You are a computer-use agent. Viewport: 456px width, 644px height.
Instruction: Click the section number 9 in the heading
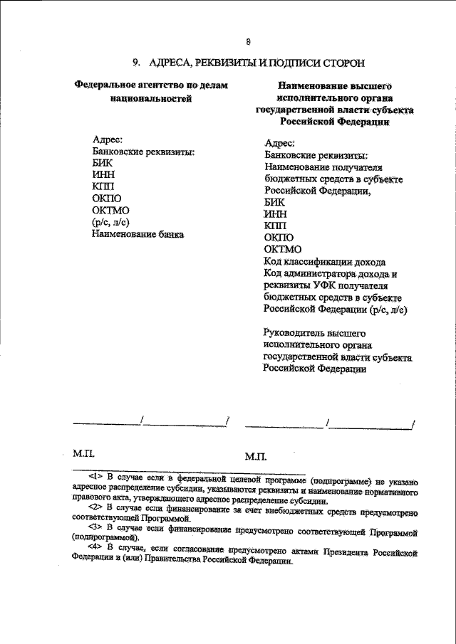135,62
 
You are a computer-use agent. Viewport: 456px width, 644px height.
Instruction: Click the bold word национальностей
153,98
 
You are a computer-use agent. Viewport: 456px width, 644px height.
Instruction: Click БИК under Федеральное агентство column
103,164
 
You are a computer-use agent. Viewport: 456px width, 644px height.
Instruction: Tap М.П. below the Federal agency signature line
84,453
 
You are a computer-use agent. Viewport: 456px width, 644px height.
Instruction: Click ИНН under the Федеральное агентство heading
104,175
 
